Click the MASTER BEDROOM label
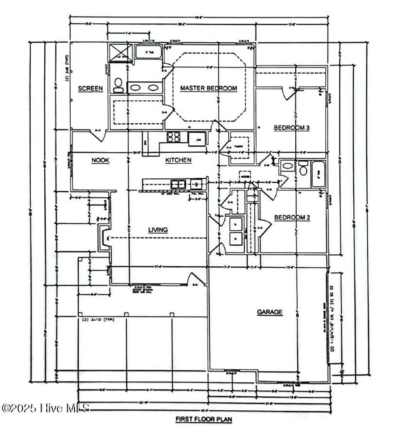click(208, 88)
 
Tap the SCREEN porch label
click(91, 89)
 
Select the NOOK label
click(100, 160)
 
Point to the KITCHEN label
click(178, 160)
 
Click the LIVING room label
click(158, 230)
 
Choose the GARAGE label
click(269, 312)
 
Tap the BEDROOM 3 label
click(292, 128)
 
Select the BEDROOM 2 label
click(292, 218)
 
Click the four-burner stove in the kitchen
click(173, 137)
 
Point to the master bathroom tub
click(148, 52)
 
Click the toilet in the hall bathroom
click(303, 168)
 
